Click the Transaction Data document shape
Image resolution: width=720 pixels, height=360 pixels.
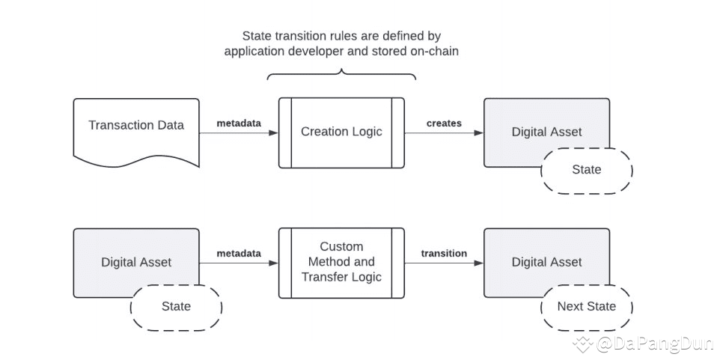[x=136, y=132]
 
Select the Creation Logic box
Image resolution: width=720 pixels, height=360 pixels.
[x=341, y=132]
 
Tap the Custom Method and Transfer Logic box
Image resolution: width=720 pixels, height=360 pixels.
[x=341, y=263]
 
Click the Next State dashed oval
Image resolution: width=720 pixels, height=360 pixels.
[x=587, y=306]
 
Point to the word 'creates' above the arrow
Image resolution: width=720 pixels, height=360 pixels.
[x=444, y=123]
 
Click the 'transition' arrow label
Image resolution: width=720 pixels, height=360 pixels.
[x=444, y=253]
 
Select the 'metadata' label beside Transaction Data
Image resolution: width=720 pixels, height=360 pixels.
[x=239, y=123]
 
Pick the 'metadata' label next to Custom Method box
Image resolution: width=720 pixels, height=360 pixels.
[x=239, y=253]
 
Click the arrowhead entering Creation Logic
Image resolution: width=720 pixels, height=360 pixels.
[x=274, y=133]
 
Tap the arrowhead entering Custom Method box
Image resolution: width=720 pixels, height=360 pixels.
[x=274, y=263]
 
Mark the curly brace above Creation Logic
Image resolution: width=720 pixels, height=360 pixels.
[x=341, y=74]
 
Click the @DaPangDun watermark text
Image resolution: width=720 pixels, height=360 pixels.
[x=655, y=343]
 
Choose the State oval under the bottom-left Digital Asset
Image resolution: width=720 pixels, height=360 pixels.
[x=177, y=306]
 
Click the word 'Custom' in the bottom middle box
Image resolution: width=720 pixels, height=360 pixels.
[x=341, y=246]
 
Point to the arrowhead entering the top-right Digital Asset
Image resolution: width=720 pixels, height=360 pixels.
[x=479, y=133]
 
